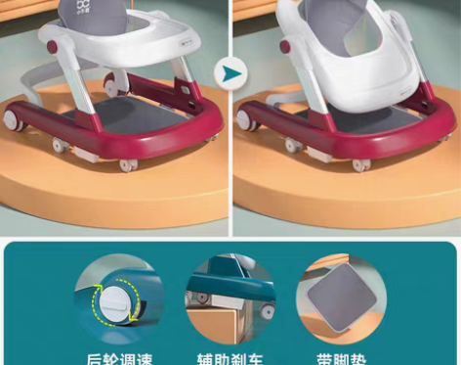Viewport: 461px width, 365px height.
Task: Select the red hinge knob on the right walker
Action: click(x=285, y=46)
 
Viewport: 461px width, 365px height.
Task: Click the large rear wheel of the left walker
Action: click(x=15, y=121)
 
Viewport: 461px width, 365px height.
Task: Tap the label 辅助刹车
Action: click(x=230, y=357)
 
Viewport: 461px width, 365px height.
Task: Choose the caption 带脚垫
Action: click(x=341, y=357)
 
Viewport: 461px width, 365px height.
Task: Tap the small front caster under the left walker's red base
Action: click(x=126, y=164)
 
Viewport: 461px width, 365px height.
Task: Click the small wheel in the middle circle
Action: click(x=265, y=312)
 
